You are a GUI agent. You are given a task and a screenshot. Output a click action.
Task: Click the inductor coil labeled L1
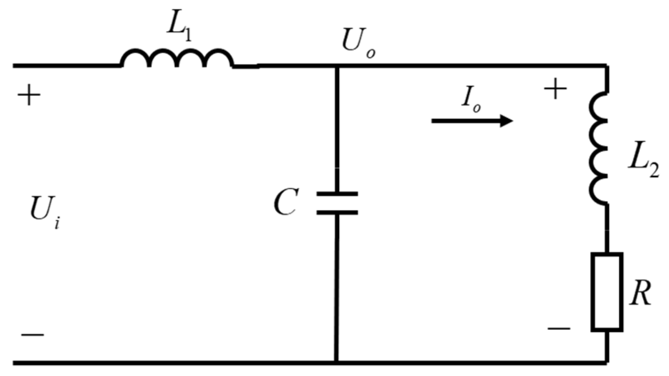coord(177,59)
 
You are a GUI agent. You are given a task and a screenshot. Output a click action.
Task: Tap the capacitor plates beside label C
coord(337,203)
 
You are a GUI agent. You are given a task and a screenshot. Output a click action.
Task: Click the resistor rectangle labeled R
coord(607,292)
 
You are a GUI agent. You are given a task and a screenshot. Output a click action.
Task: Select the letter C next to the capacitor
coord(285,203)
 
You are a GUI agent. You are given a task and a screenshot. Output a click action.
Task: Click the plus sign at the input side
coord(29,96)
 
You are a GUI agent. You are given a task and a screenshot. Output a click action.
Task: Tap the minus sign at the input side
coord(33,334)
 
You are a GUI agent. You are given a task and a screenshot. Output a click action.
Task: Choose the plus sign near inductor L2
coord(555,89)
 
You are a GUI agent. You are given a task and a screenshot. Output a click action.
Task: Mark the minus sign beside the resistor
coord(559,328)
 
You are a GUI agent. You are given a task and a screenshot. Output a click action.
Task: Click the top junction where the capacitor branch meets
coord(337,65)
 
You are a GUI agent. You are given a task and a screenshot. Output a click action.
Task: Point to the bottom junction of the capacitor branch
coord(337,362)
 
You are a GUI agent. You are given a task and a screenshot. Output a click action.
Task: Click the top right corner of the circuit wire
coord(606,65)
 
